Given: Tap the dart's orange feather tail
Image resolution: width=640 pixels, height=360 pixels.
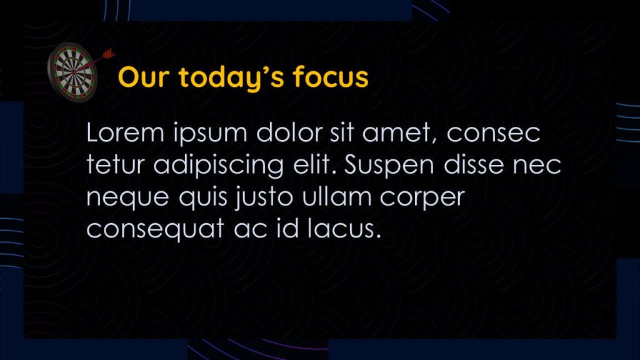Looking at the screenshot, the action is click(108, 54).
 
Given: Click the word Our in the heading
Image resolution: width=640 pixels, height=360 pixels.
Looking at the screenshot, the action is click(143, 77).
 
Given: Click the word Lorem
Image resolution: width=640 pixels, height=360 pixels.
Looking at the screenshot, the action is click(126, 132).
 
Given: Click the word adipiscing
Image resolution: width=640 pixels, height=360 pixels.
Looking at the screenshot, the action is click(219, 165).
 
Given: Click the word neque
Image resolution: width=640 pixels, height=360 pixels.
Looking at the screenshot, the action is click(127, 197).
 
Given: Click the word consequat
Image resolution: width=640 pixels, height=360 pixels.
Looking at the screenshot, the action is click(155, 229).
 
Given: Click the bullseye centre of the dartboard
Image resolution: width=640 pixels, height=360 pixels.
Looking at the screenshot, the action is click(74, 72).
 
